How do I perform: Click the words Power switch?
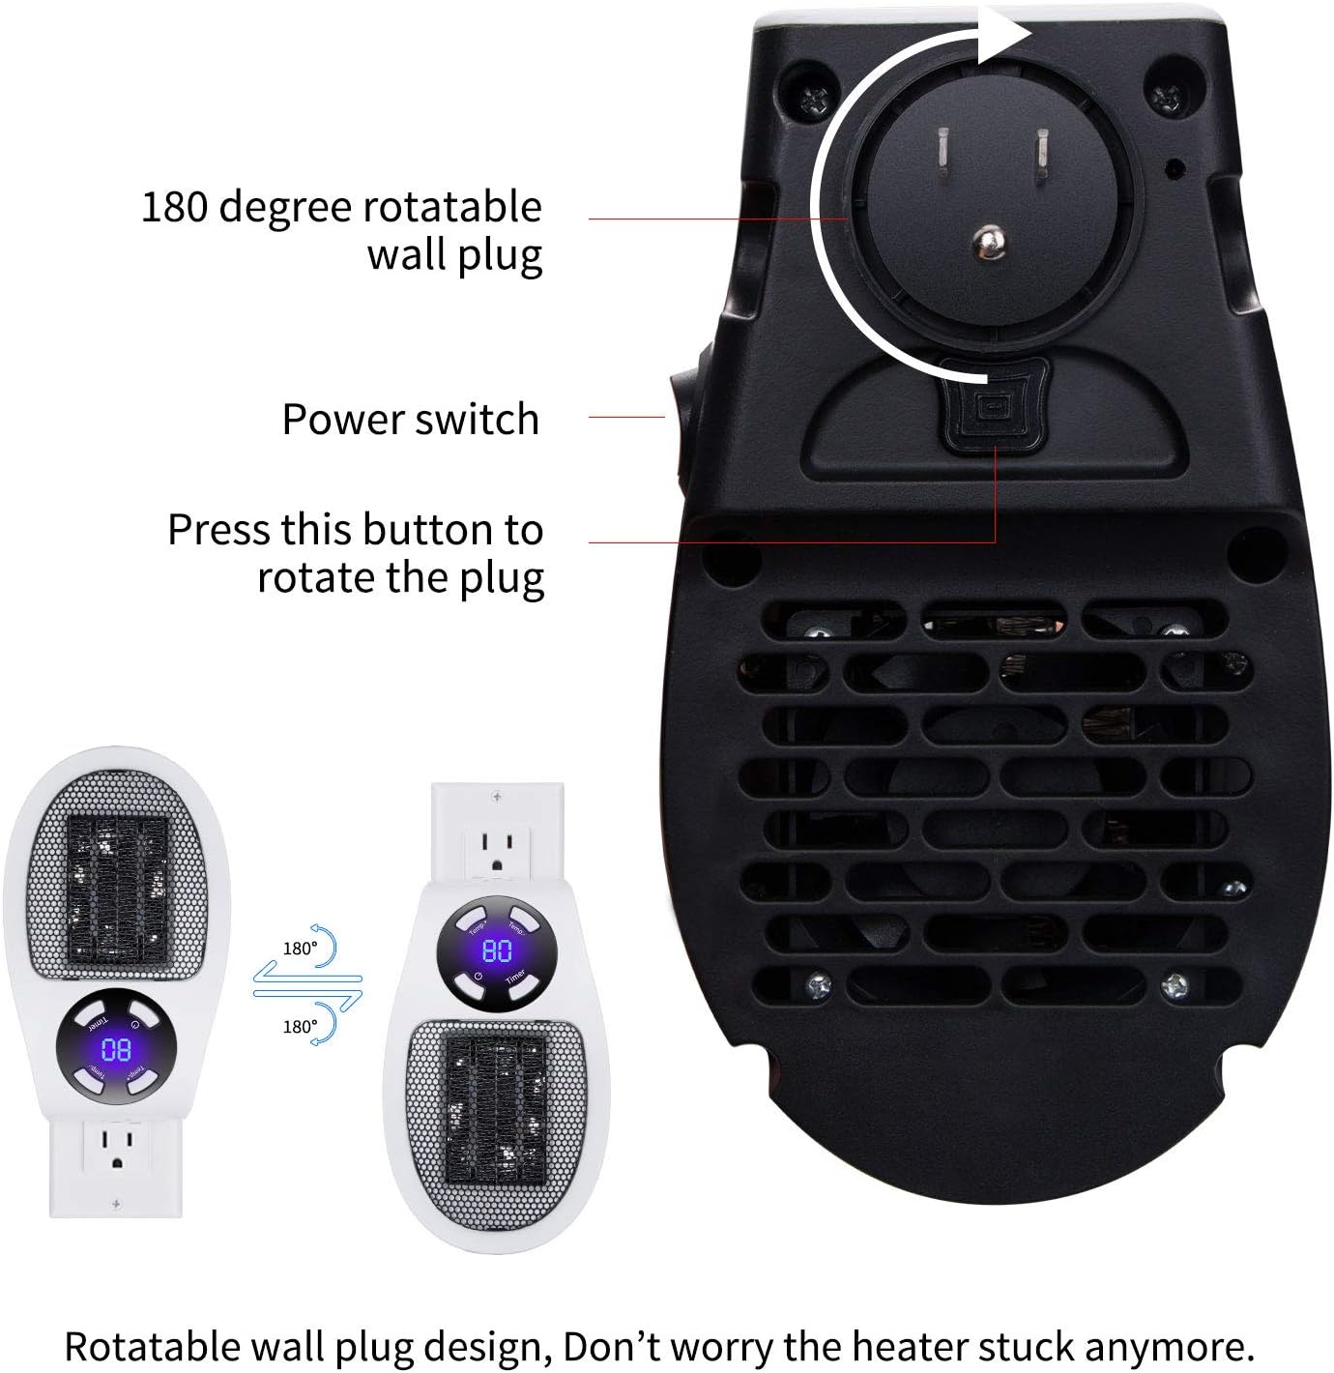coord(410,420)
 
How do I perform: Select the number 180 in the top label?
coord(175,208)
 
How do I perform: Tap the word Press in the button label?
coord(219,530)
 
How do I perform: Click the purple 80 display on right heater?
coord(497,950)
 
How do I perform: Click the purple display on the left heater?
coord(115,1049)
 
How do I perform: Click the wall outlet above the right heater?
coord(496,847)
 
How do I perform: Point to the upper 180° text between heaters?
coord(299,949)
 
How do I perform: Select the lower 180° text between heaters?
coord(299,1027)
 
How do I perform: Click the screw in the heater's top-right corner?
coord(1164,95)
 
